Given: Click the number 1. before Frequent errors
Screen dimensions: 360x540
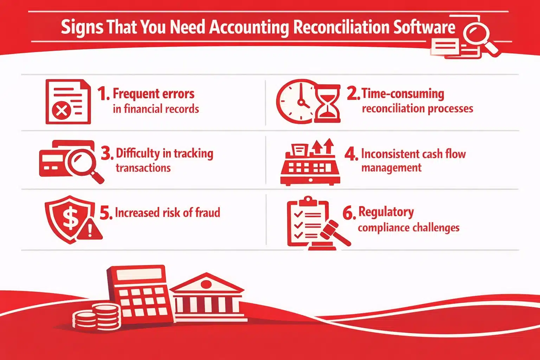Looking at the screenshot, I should click(103, 94).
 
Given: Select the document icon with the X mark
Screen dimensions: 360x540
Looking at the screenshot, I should click(68, 102).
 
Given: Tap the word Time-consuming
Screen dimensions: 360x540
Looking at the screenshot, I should click(403, 94).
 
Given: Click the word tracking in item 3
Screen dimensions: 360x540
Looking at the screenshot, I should click(193, 154).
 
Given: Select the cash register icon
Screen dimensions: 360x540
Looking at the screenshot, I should click(310, 163).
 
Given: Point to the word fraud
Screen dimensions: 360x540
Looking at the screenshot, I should click(207, 213).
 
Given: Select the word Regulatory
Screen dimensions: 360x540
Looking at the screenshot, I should click(386, 212).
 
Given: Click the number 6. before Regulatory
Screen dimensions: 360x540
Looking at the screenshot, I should click(349, 213).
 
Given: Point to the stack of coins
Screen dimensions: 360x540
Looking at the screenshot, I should click(96, 317).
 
